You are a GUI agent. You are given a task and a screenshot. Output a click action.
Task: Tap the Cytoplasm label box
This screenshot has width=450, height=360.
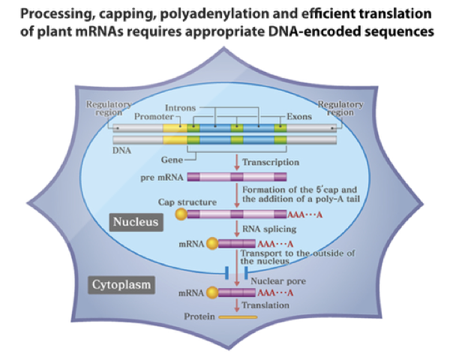click(122, 285)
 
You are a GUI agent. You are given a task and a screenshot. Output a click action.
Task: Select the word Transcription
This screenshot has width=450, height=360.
click(271, 161)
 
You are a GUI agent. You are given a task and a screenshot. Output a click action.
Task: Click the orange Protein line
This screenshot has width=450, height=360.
click(237, 317)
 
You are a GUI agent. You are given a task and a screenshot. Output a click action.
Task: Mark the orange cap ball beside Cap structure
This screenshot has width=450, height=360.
click(181, 215)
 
